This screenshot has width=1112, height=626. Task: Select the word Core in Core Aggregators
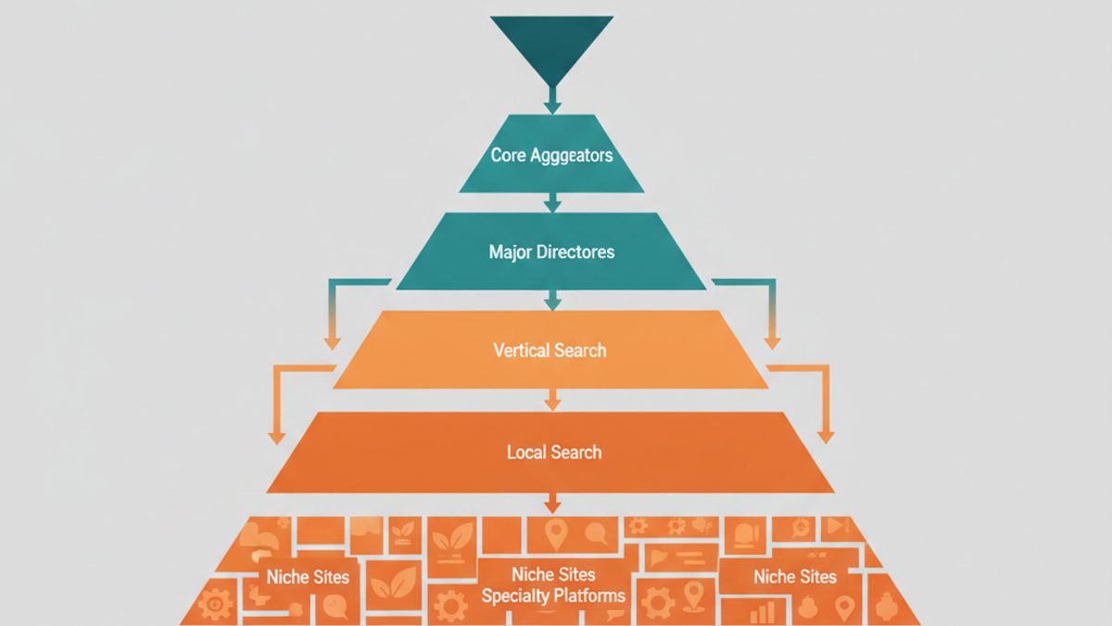coord(509,155)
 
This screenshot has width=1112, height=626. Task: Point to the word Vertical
coord(519,351)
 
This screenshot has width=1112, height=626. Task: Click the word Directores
coord(575,252)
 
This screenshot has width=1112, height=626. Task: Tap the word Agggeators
coord(572,156)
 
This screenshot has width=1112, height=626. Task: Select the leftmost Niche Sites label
coord(308,577)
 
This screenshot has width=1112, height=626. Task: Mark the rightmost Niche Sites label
coord(795,576)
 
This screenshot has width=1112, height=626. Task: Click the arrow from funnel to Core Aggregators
coord(552,100)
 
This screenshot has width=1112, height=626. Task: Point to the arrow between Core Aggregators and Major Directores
coord(552,203)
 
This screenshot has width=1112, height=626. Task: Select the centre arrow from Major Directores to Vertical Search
coord(552,300)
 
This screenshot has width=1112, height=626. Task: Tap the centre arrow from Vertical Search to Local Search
coord(552,400)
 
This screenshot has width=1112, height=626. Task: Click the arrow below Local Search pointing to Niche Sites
coord(552,503)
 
